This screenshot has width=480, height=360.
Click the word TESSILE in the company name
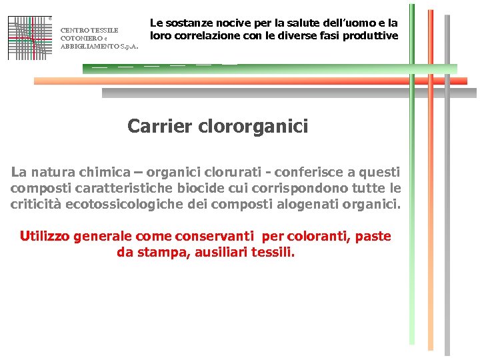pos(103,30)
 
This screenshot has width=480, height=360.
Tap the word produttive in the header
pos(369,35)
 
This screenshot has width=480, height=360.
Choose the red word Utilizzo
pos(45,236)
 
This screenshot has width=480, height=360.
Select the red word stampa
pos(163,253)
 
